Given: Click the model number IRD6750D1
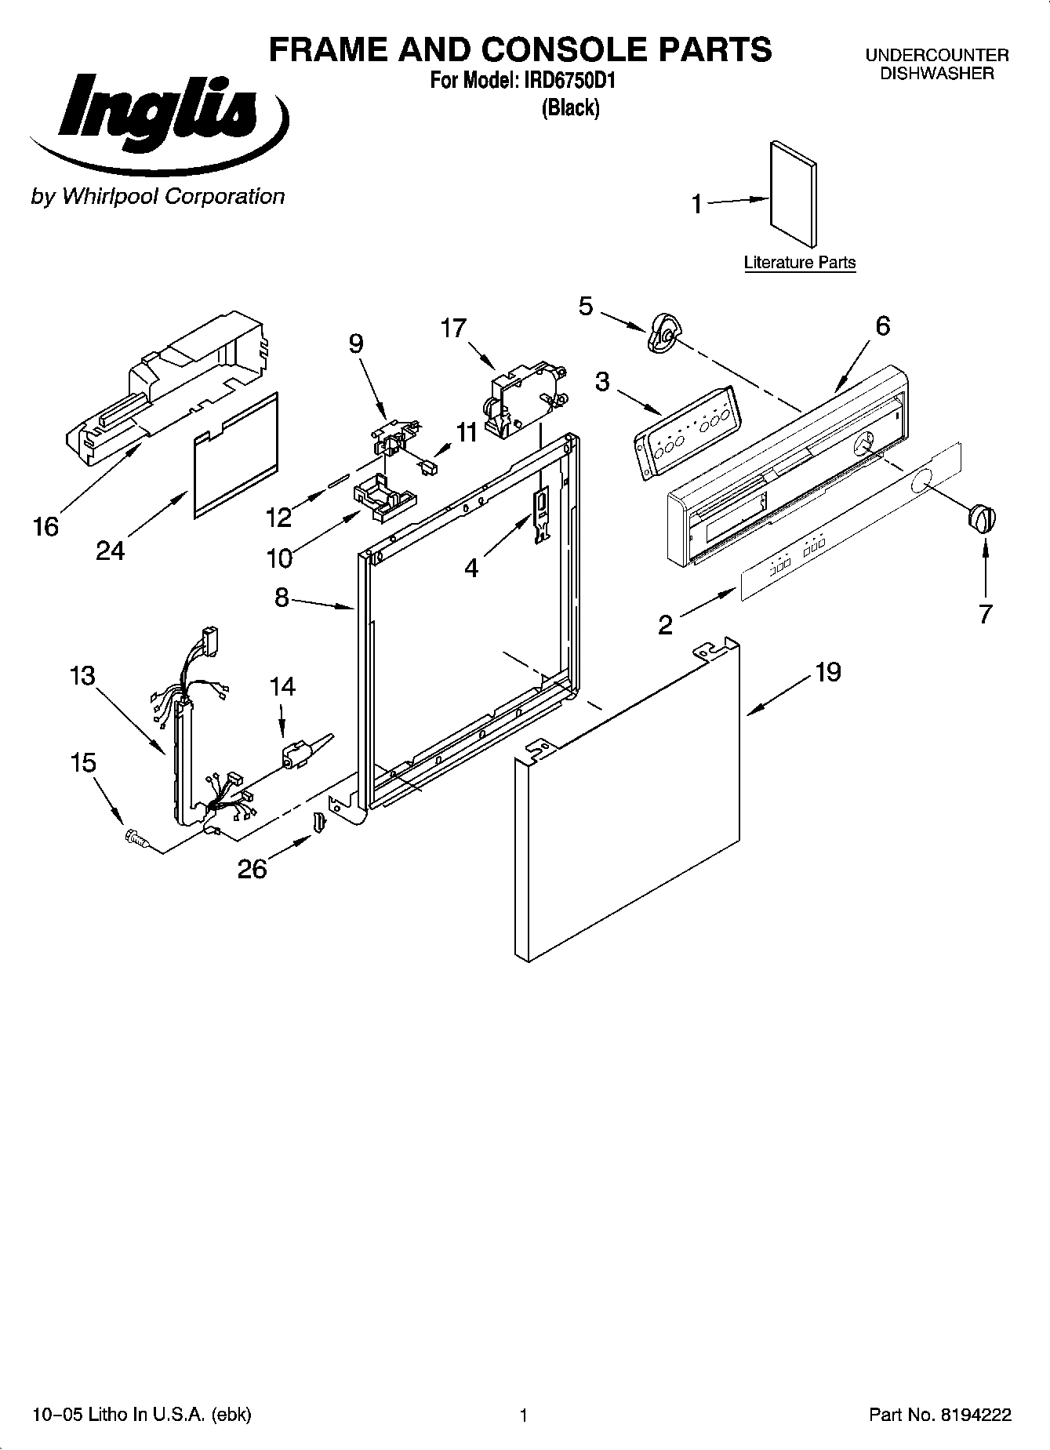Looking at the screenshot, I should pyautogui.click(x=570, y=80).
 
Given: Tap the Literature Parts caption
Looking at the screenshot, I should pyautogui.click(x=799, y=263).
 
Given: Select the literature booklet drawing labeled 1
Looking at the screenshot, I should pyautogui.click(x=793, y=194).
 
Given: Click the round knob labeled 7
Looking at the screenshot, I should pyautogui.click(x=982, y=520).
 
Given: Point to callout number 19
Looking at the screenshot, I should pyautogui.click(x=827, y=671).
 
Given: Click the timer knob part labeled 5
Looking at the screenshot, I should pyautogui.click(x=663, y=333).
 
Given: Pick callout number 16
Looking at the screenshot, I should pyautogui.click(x=46, y=526).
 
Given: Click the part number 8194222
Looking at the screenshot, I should pyautogui.click(x=976, y=1415).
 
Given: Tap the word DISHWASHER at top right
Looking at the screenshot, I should pyautogui.click(x=936, y=74).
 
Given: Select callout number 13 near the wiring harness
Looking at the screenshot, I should pyautogui.click(x=82, y=675).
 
